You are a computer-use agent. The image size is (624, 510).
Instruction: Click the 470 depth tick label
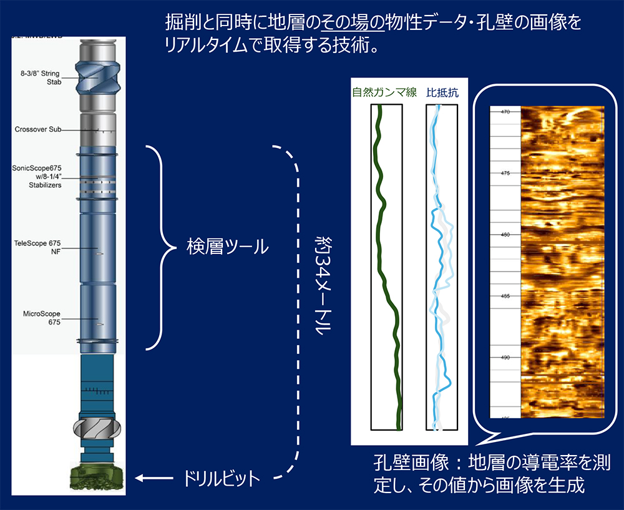(x=505, y=112)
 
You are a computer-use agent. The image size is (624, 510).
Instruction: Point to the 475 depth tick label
(x=505, y=173)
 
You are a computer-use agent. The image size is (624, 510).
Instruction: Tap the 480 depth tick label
(x=505, y=235)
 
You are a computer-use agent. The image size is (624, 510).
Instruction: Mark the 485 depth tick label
(x=505, y=296)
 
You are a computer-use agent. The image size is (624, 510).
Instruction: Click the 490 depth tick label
(x=505, y=358)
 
